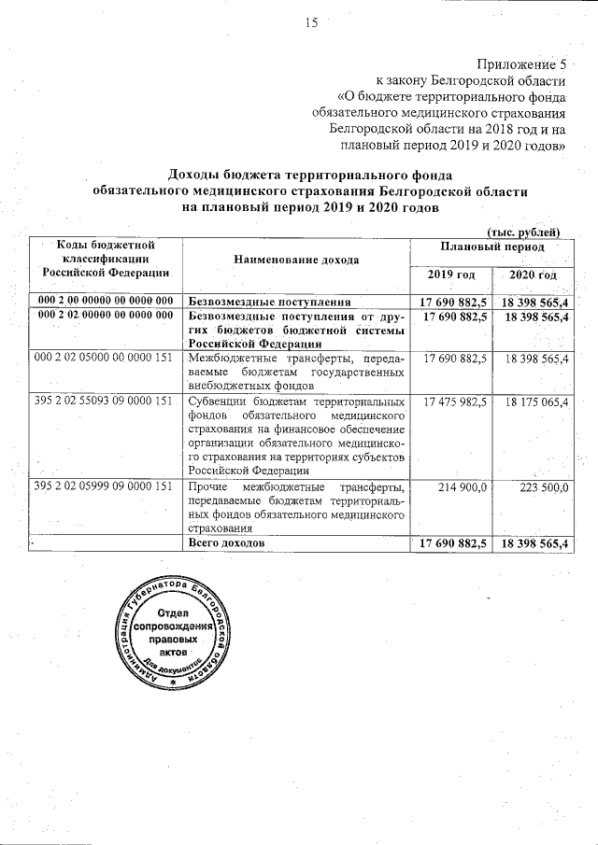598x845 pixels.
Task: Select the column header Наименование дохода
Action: coord(295,259)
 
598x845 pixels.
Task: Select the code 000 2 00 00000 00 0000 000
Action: coord(105,302)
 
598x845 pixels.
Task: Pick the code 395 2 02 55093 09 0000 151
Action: coord(104,401)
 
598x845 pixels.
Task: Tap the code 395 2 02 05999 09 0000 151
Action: coord(104,486)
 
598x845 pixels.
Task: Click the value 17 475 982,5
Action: coord(455,401)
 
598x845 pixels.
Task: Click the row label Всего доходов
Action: coord(226,542)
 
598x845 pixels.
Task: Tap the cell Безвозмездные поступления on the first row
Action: coord(269,302)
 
